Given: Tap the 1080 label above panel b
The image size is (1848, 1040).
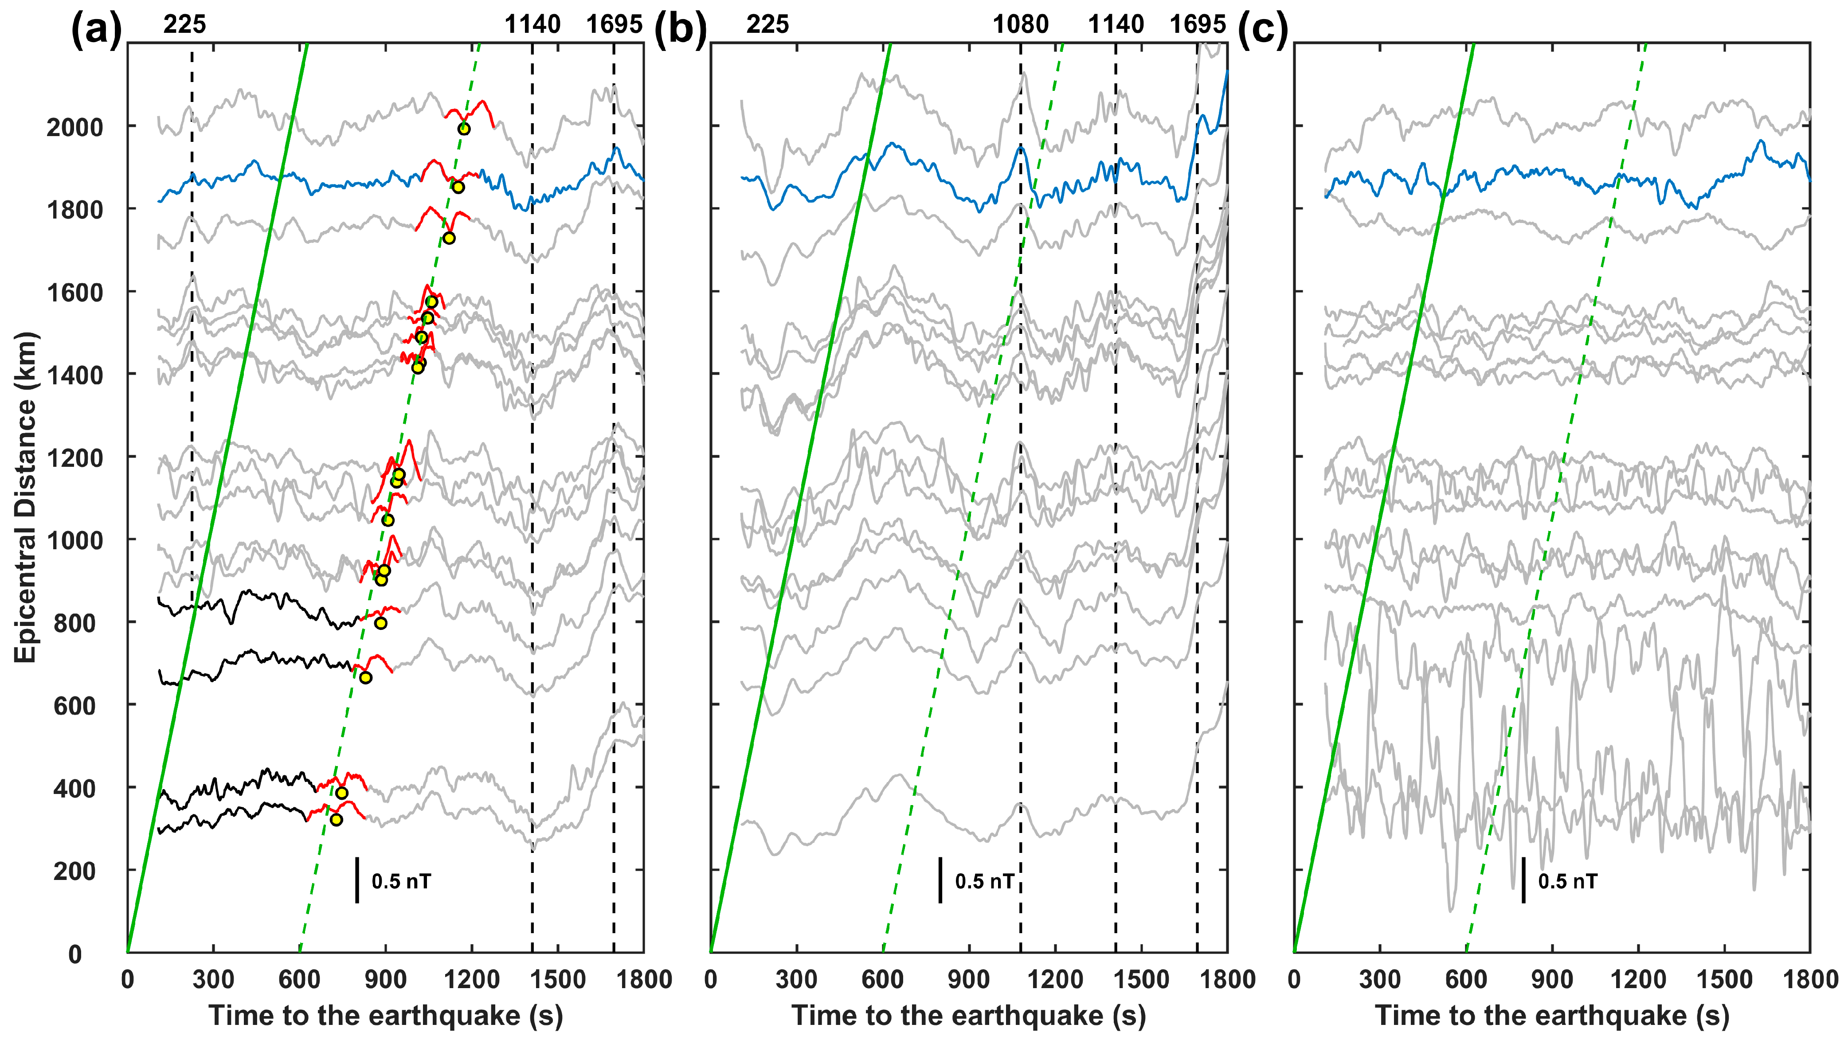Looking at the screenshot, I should coord(1020,24).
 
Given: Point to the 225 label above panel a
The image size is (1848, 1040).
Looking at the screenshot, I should coord(184,24).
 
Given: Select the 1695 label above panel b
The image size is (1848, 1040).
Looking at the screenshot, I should coord(1197,24).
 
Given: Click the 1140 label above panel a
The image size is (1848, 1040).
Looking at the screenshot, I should coord(532,24).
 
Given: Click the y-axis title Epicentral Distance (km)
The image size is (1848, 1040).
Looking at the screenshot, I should coord(26,497).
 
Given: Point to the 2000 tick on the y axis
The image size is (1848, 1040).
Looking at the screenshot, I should coord(74,127).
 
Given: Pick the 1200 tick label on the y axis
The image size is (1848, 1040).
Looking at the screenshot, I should coord(74,457).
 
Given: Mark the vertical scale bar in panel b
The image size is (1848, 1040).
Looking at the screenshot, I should coord(940,880).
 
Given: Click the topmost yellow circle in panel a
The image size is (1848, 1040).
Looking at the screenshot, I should coord(464,129).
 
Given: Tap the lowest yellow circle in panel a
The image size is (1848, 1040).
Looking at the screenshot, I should coord(336,820).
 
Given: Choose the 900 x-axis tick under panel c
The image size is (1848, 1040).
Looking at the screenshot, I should coord(1552,979).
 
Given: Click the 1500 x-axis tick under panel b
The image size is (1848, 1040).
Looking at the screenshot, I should coord(1141,979).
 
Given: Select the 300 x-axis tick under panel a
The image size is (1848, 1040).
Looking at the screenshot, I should coord(213,979).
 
